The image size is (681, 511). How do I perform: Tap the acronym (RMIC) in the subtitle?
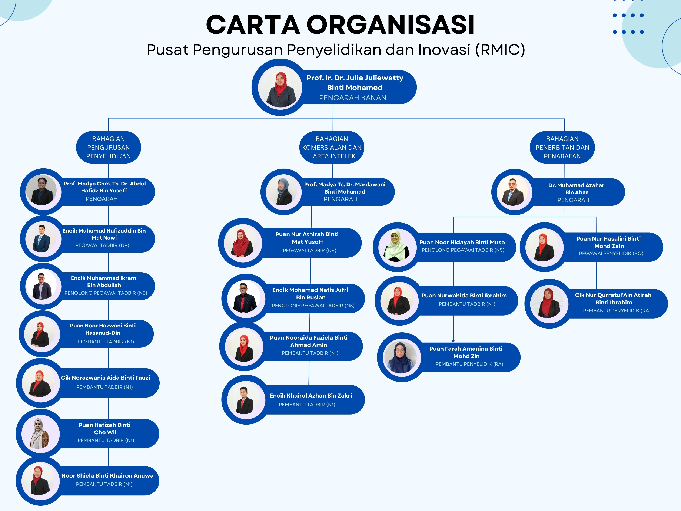coord(500,50)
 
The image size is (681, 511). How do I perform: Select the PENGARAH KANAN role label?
coord(352,98)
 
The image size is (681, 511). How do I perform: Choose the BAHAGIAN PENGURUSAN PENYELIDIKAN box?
coord(108,148)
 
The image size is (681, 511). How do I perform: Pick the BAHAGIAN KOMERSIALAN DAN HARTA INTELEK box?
coord(332,148)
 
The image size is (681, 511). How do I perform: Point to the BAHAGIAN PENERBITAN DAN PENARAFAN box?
coord(562,148)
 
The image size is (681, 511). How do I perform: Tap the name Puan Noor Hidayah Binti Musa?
coord(462,243)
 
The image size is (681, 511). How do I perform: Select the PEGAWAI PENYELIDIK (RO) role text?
coord(611,254)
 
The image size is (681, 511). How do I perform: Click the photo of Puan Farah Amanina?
coord(400,357)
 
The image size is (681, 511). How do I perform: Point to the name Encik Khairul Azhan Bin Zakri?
coord(311,396)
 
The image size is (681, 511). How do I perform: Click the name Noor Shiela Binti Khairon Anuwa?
coord(107,476)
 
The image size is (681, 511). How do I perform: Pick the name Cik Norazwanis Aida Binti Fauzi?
coord(105,378)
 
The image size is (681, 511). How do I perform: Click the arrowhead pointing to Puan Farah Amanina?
coord(453,341)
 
